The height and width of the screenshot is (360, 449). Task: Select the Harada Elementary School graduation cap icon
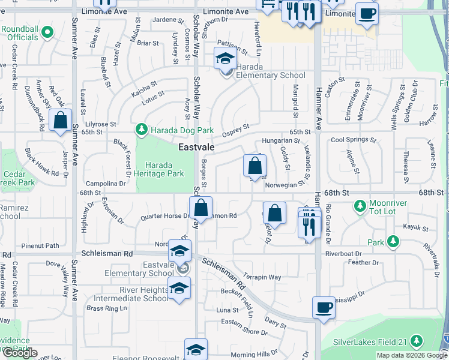coord(225,59)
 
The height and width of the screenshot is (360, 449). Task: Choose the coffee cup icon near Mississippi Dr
coord(324,308)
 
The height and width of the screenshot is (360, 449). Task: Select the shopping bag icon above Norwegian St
coord(255,166)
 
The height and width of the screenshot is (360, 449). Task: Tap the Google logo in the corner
coord(19,353)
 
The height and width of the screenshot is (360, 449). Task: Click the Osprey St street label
coord(235,129)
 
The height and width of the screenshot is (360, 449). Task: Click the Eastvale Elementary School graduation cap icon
coord(179,251)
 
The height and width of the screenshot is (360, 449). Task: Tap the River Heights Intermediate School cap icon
coord(179,289)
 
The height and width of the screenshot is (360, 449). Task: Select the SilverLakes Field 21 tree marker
coord(416,342)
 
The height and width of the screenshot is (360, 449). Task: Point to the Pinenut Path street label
coord(40,245)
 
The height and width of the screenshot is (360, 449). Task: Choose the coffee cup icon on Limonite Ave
coord(366,13)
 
